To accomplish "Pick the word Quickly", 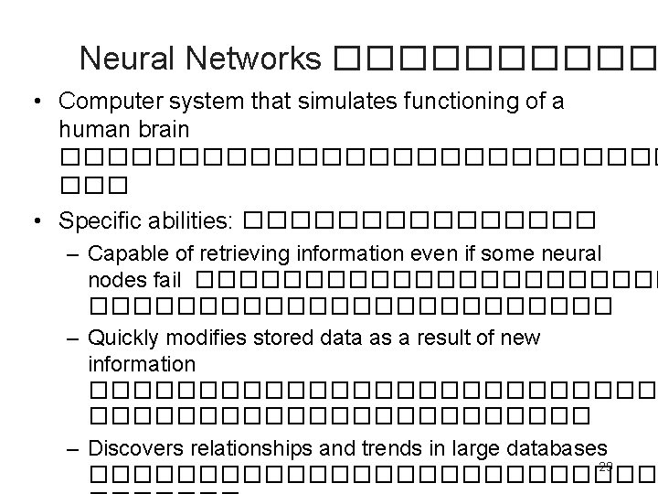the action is pyautogui.click(x=125, y=338).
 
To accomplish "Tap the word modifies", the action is pyautogui.click(x=205, y=338).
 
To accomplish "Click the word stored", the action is pyautogui.click(x=271, y=338).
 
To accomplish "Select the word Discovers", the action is pyautogui.click(x=138, y=448).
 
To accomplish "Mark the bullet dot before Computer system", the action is pyautogui.click(x=33, y=102).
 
